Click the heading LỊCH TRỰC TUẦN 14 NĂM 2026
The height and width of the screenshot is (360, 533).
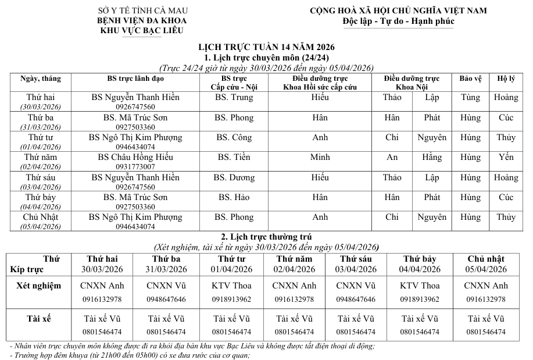coord(267,47)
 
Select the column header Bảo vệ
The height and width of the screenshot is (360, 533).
coord(470,79)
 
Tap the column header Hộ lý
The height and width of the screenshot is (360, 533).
coord(506,79)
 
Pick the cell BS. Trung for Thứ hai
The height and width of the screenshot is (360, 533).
coord(234,98)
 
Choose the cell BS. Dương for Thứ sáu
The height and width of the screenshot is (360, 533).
coord(234,177)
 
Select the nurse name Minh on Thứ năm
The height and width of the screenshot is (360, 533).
coord(320,157)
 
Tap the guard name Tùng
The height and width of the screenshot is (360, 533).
coord(470,98)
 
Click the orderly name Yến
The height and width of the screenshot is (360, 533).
coord(506,157)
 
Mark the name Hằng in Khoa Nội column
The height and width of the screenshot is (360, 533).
coord(432,157)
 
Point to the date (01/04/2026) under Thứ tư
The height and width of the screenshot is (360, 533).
coord(41,147)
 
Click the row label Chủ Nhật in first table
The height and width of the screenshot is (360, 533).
coord(41,217)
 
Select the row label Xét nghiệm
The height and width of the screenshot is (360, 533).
coord(38,286)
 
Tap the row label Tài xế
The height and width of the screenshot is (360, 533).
coord(38,319)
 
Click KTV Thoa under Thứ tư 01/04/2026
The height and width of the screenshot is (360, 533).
coord(231,286)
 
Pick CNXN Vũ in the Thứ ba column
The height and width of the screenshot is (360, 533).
coord(166,286)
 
